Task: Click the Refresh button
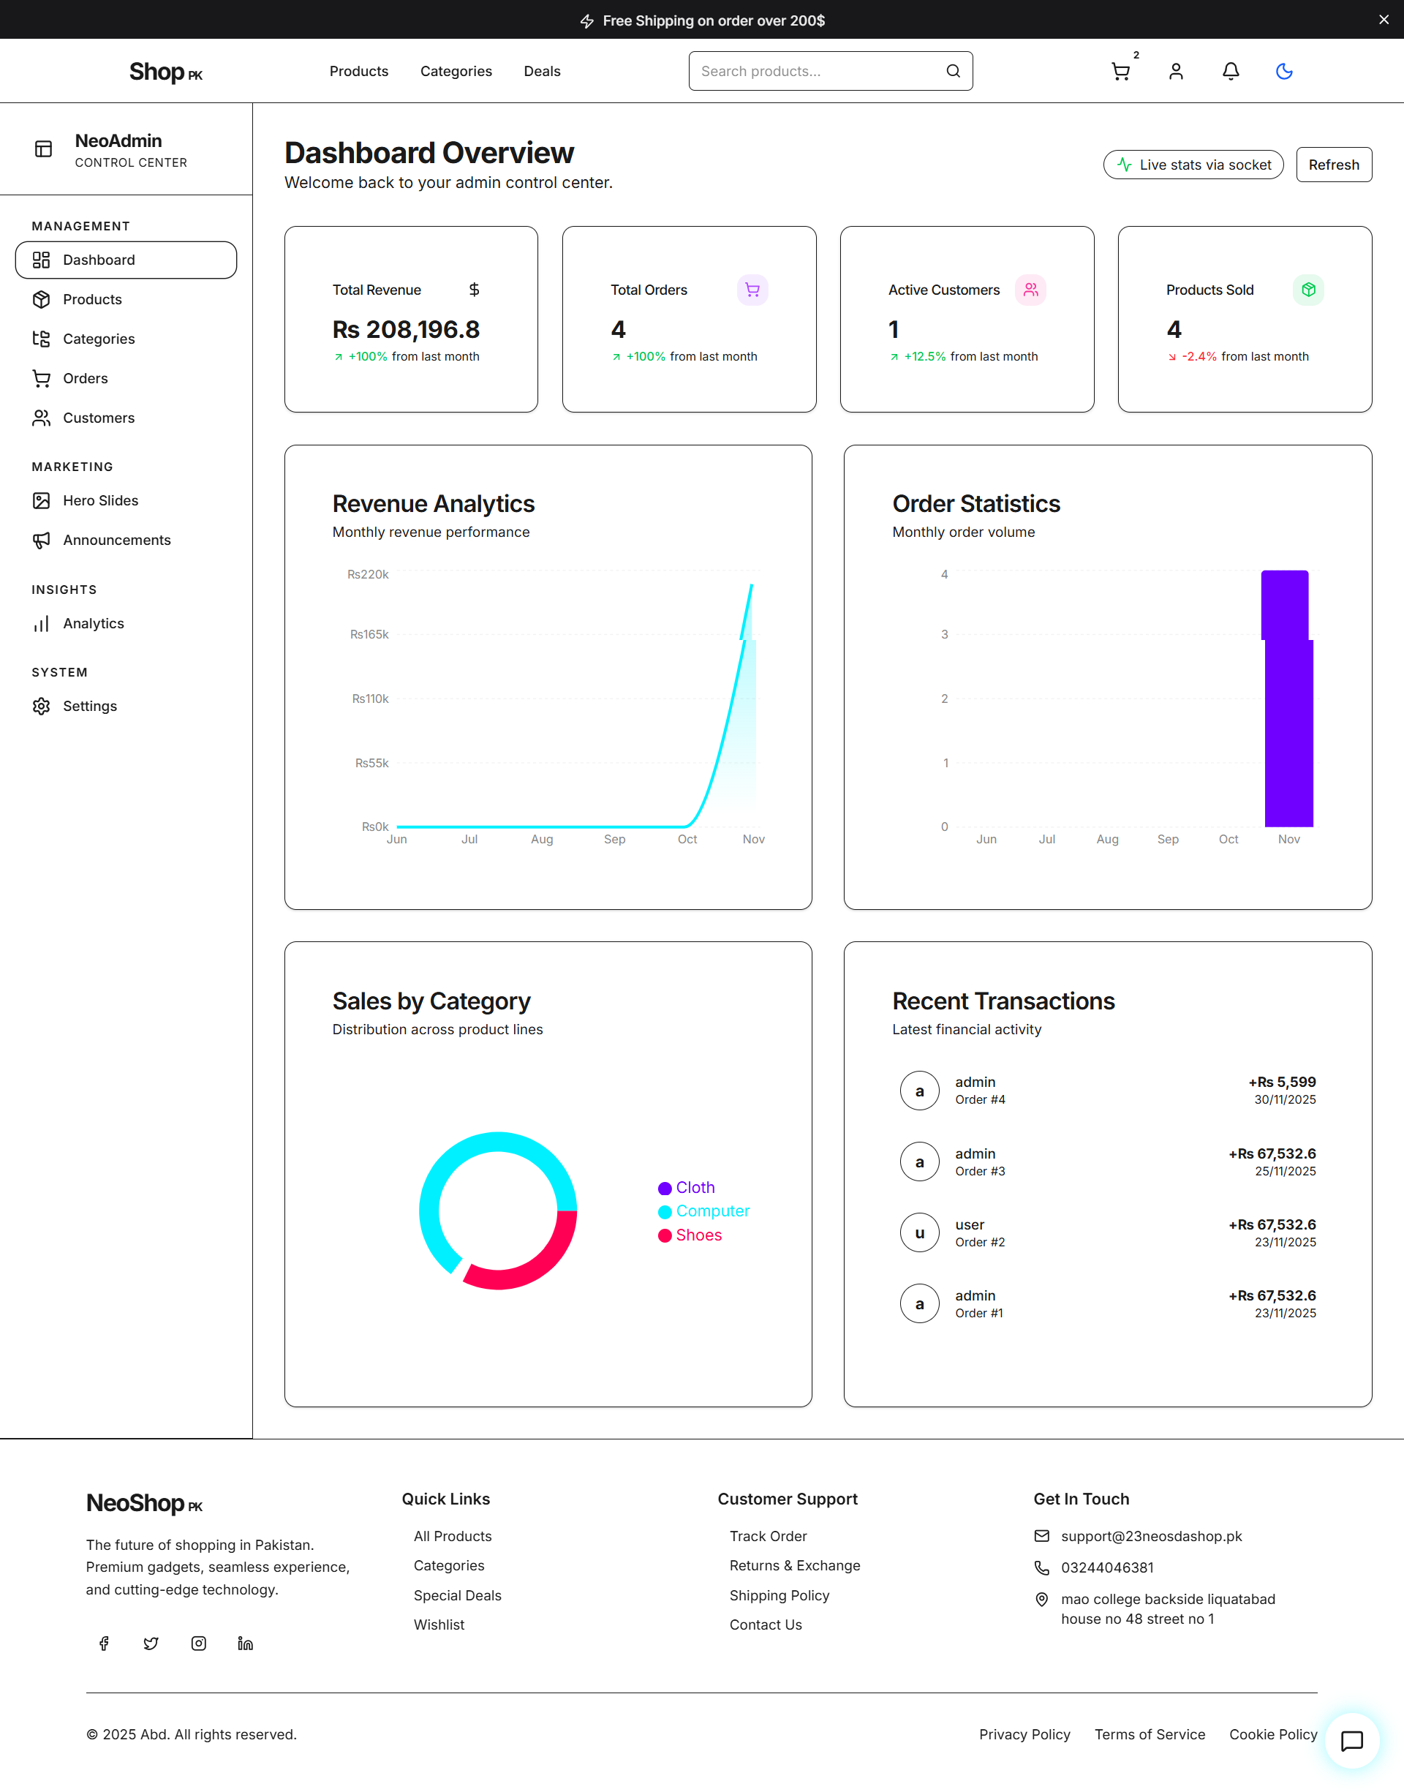click(x=1332, y=165)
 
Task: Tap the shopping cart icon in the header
click(x=1120, y=72)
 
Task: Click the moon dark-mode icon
click(x=1283, y=72)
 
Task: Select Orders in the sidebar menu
click(x=86, y=378)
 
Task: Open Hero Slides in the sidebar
click(x=100, y=500)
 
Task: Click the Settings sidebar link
click(x=90, y=706)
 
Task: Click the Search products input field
click(x=818, y=72)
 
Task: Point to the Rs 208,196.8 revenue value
click(x=406, y=330)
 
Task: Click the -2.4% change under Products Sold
click(x=1199, y=357)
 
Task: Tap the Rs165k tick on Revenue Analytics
click(x=369, y=635)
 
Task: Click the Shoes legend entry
click(x=698, y=1235)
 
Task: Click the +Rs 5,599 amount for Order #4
click(x=1282, y=1082)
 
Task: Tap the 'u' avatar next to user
click(x=919, y=1233)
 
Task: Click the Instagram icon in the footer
click(x=198, y=1644)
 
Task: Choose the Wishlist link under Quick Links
click(x=439, y=1625)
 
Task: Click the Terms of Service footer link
click(x=1150, y=1734)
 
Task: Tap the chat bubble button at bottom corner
click(x=1351, y=1740)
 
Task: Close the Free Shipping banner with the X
click(x=1384, y=20)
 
